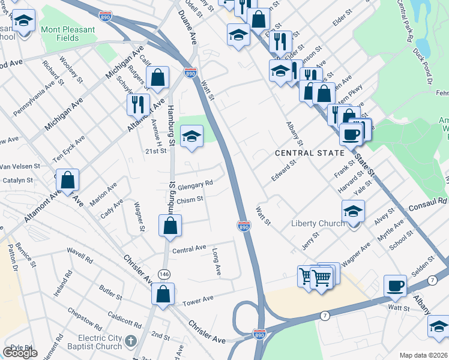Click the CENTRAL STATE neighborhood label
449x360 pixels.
pos(310,153)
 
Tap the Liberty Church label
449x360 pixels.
pos(318,224)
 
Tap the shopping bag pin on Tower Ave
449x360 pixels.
pos(163,295)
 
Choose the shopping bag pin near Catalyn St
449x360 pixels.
pos(68,179)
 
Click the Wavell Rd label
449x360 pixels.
pos(80,253)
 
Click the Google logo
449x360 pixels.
pos(20,352)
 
